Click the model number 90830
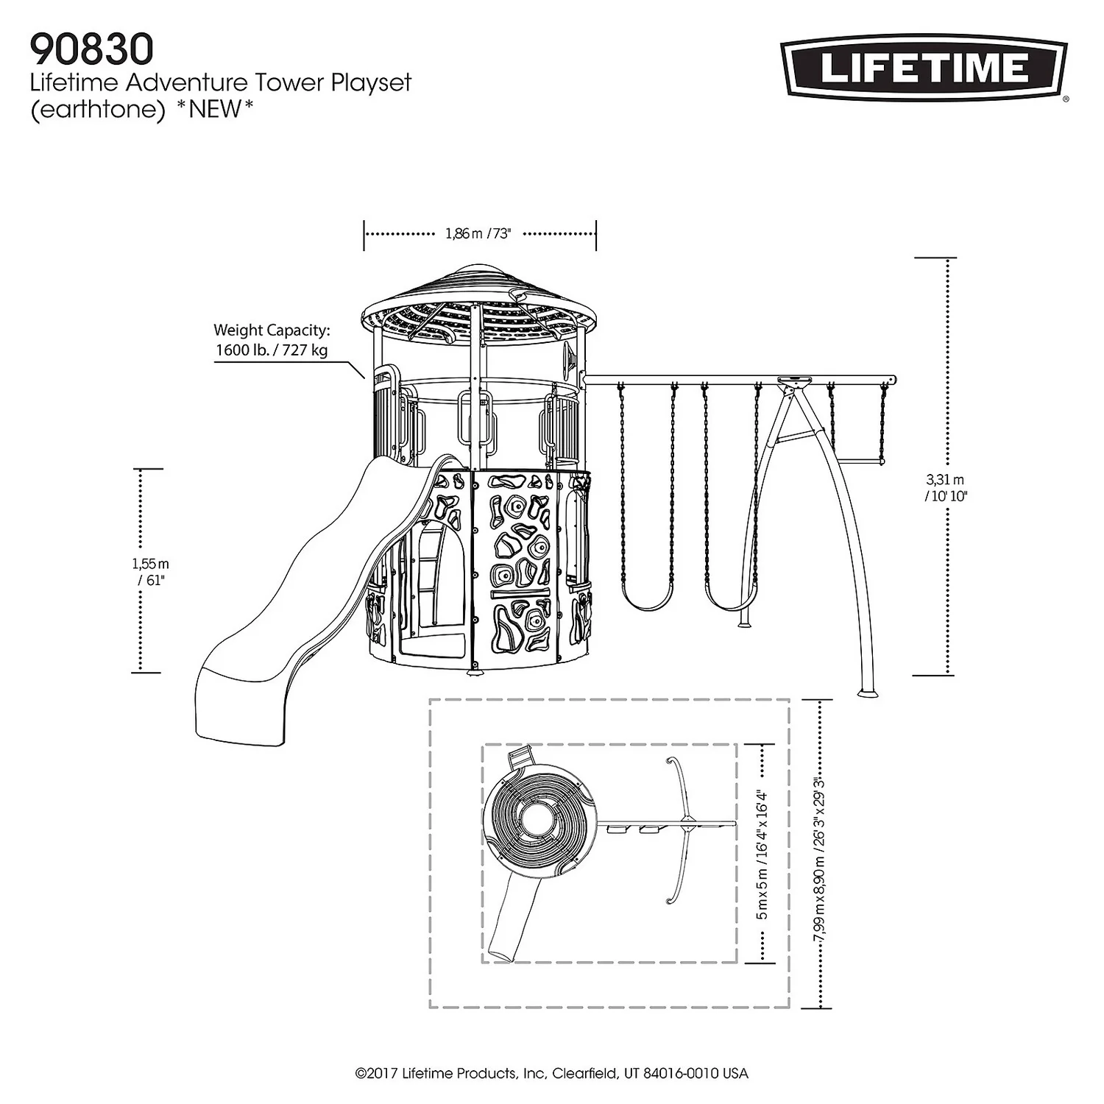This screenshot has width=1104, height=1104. pyautogui.click(x=91, y=49)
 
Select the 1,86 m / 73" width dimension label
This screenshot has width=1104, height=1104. pyautogui.click(x=478, y=234)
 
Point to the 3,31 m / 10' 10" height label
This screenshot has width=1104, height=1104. pyautogui.click(x=945, y=488)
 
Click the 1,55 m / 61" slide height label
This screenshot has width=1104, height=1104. pyautogui.click(x=150, y=572)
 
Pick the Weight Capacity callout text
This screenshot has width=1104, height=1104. pyautogui.click(x=272, y=340)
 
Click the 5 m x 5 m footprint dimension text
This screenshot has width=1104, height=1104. pyautogui.click(x=762, y=854)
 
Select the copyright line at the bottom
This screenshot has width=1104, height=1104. pyautogui.click(x=551, y=1074)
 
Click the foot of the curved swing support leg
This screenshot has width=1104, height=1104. pyautogui.click(x=868, y=693)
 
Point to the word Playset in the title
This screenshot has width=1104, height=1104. pyautogui.click(x=370, y=82)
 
